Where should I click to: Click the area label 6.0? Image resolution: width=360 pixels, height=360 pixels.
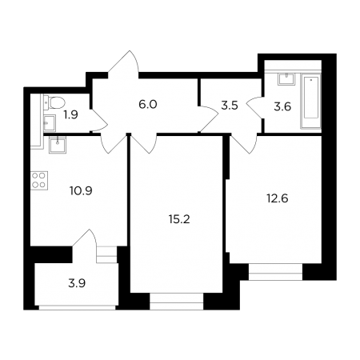tap(148, 104)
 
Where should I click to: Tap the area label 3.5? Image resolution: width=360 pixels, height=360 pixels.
tap(230, 106)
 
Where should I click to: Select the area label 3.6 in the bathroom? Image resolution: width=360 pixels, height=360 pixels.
tap(282, 106)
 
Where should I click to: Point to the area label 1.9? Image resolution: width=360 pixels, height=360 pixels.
tap(70, 115)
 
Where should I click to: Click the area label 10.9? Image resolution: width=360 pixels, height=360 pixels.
tap(81, 190)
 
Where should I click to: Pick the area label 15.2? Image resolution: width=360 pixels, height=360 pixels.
tap(179, 219)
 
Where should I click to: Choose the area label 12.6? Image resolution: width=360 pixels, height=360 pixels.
tap(278, 198)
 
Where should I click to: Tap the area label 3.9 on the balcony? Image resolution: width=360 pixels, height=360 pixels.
tap(77, 283)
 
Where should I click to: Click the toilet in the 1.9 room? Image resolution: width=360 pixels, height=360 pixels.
tap(54, 103)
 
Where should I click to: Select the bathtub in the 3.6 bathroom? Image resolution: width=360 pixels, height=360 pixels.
tap(310, 102)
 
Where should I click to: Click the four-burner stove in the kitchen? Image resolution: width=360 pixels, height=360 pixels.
tap(39, 180)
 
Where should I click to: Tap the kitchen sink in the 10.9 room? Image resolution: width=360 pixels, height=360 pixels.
tap(57, 145)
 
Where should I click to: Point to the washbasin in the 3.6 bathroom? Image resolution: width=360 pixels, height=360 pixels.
tap(286, 79)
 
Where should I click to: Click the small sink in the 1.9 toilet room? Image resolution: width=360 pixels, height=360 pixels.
tap(50, 123)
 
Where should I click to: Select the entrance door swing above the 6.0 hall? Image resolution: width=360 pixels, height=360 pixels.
tap(123, 64)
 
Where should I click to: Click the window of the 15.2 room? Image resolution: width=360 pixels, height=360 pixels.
tap(177, 302)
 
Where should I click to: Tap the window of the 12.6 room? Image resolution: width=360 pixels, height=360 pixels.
tap(275, 272)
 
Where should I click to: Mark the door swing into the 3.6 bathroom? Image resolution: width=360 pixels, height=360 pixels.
tap(254, 107)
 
